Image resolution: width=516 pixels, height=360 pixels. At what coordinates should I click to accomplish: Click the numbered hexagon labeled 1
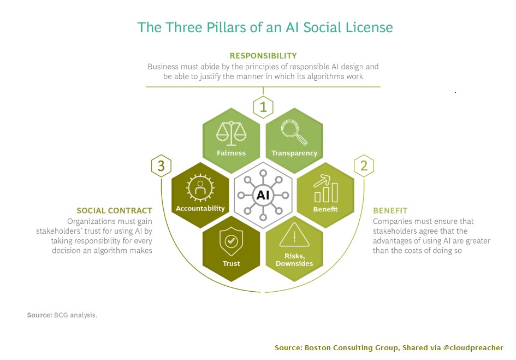(x=263, y=107)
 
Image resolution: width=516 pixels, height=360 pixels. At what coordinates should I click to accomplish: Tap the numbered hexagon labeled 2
(x=364, y=166)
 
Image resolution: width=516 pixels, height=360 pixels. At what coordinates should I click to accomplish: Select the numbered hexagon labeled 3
(x=161, y=166)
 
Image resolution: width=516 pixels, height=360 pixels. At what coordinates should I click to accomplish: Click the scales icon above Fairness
(x=231, y=132)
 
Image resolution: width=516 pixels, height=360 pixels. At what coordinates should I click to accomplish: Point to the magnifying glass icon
(x=294, y=132)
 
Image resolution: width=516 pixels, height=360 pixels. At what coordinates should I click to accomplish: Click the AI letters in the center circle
(x=263, y=194)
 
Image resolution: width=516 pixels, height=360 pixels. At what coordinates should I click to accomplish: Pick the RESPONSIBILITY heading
(x=263, y=56)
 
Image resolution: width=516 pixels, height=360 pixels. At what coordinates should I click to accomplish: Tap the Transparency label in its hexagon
(x=294, y=154)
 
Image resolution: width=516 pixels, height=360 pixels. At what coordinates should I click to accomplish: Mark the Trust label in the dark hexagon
(x=231, y=264)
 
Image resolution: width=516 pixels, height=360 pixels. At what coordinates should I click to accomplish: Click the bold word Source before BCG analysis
(x=39, y=315)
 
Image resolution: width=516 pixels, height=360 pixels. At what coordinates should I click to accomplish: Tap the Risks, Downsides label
(x=294, y=260)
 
